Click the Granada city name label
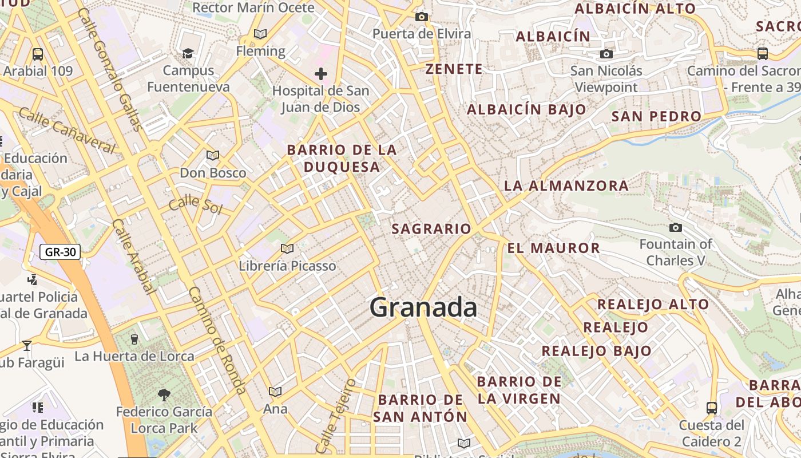pyautogui.click(x=423, y=307)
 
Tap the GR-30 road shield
pyautogui.click(x=60, y=251)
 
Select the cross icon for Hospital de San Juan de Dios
pyautogui.click(x=321, y=74)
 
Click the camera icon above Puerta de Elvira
pyautogui.click(x=422, y=17)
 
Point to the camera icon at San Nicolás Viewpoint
pyautogui.click(x=606, y=54)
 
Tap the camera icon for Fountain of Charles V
pyautogui.click(x=676, y=228)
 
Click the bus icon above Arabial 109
pyautogui.click(x=38, y=54)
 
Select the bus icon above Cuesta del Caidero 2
pyautogui.click(x=712, y=408)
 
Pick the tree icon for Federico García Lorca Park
pyautogui.click(x=164, y=394)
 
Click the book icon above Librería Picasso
pyautogui.click(x=287, y=249)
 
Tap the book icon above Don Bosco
pyautogui.click(x=213, y=156)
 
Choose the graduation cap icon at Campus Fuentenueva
pyautogui.click(x=188, y=54)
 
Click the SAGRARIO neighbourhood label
pyautogui.click(x=431, y=229)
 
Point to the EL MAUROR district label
pyautogui.click(x=553, y=248)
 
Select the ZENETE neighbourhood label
pyautogui.click(x=454, y=69)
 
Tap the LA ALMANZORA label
pyautogui.click(x=566, y=185)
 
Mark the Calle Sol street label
pyautogui.click(x=195, y=204)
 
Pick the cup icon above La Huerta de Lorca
pyautogui.click(x=134, y=339)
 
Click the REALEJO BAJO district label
pyautogui.click(x=596, y=351)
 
